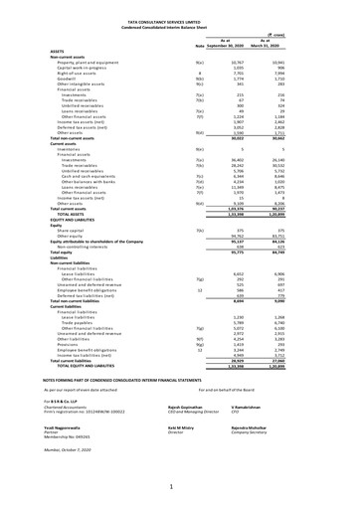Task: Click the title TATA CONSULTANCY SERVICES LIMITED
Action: click(179, 6)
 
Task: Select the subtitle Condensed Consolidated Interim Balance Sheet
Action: click(179, 12)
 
